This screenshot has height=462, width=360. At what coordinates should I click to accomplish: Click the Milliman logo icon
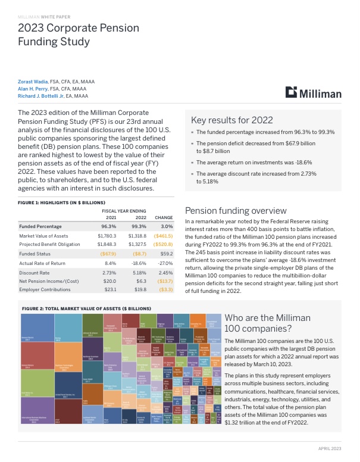[x=291, y=92]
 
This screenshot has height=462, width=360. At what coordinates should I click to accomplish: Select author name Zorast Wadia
[x=36, y=81]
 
